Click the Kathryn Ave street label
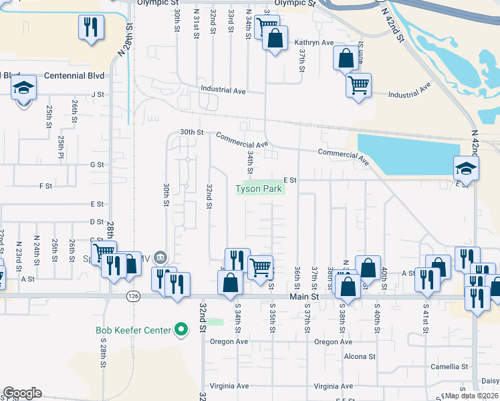pyautogui.click(x=314, y=42)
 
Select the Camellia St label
pyautogui.click(x=449, y=367)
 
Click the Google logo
pyautogui.click(x=22, y=393)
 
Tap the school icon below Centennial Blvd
pyautogui.click(x=24, y=89)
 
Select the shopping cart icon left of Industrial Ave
pyautogui.click(x=359, y=85)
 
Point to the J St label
pyautogui.click(x=98, y=95)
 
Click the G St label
pyautogui.click(x=98, y=164)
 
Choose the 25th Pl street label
pyautogui.click(x=61, y=142)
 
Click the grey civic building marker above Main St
pyautogui.click(x=160, y=257)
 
